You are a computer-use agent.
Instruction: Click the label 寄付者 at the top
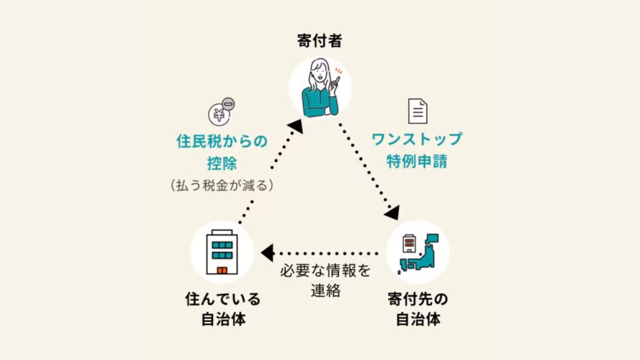click(x=320, y=41)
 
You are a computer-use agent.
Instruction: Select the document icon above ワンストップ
click(x=417, y=110)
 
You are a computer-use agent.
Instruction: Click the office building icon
click(x=221, y=251)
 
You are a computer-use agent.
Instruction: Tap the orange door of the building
click(x=221, y=270)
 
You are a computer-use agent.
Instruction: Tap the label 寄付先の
click(x=417, y=299)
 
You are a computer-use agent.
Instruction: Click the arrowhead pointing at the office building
click(x=267, y=253)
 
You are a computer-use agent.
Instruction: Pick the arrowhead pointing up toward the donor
click(x=295, y=126)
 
